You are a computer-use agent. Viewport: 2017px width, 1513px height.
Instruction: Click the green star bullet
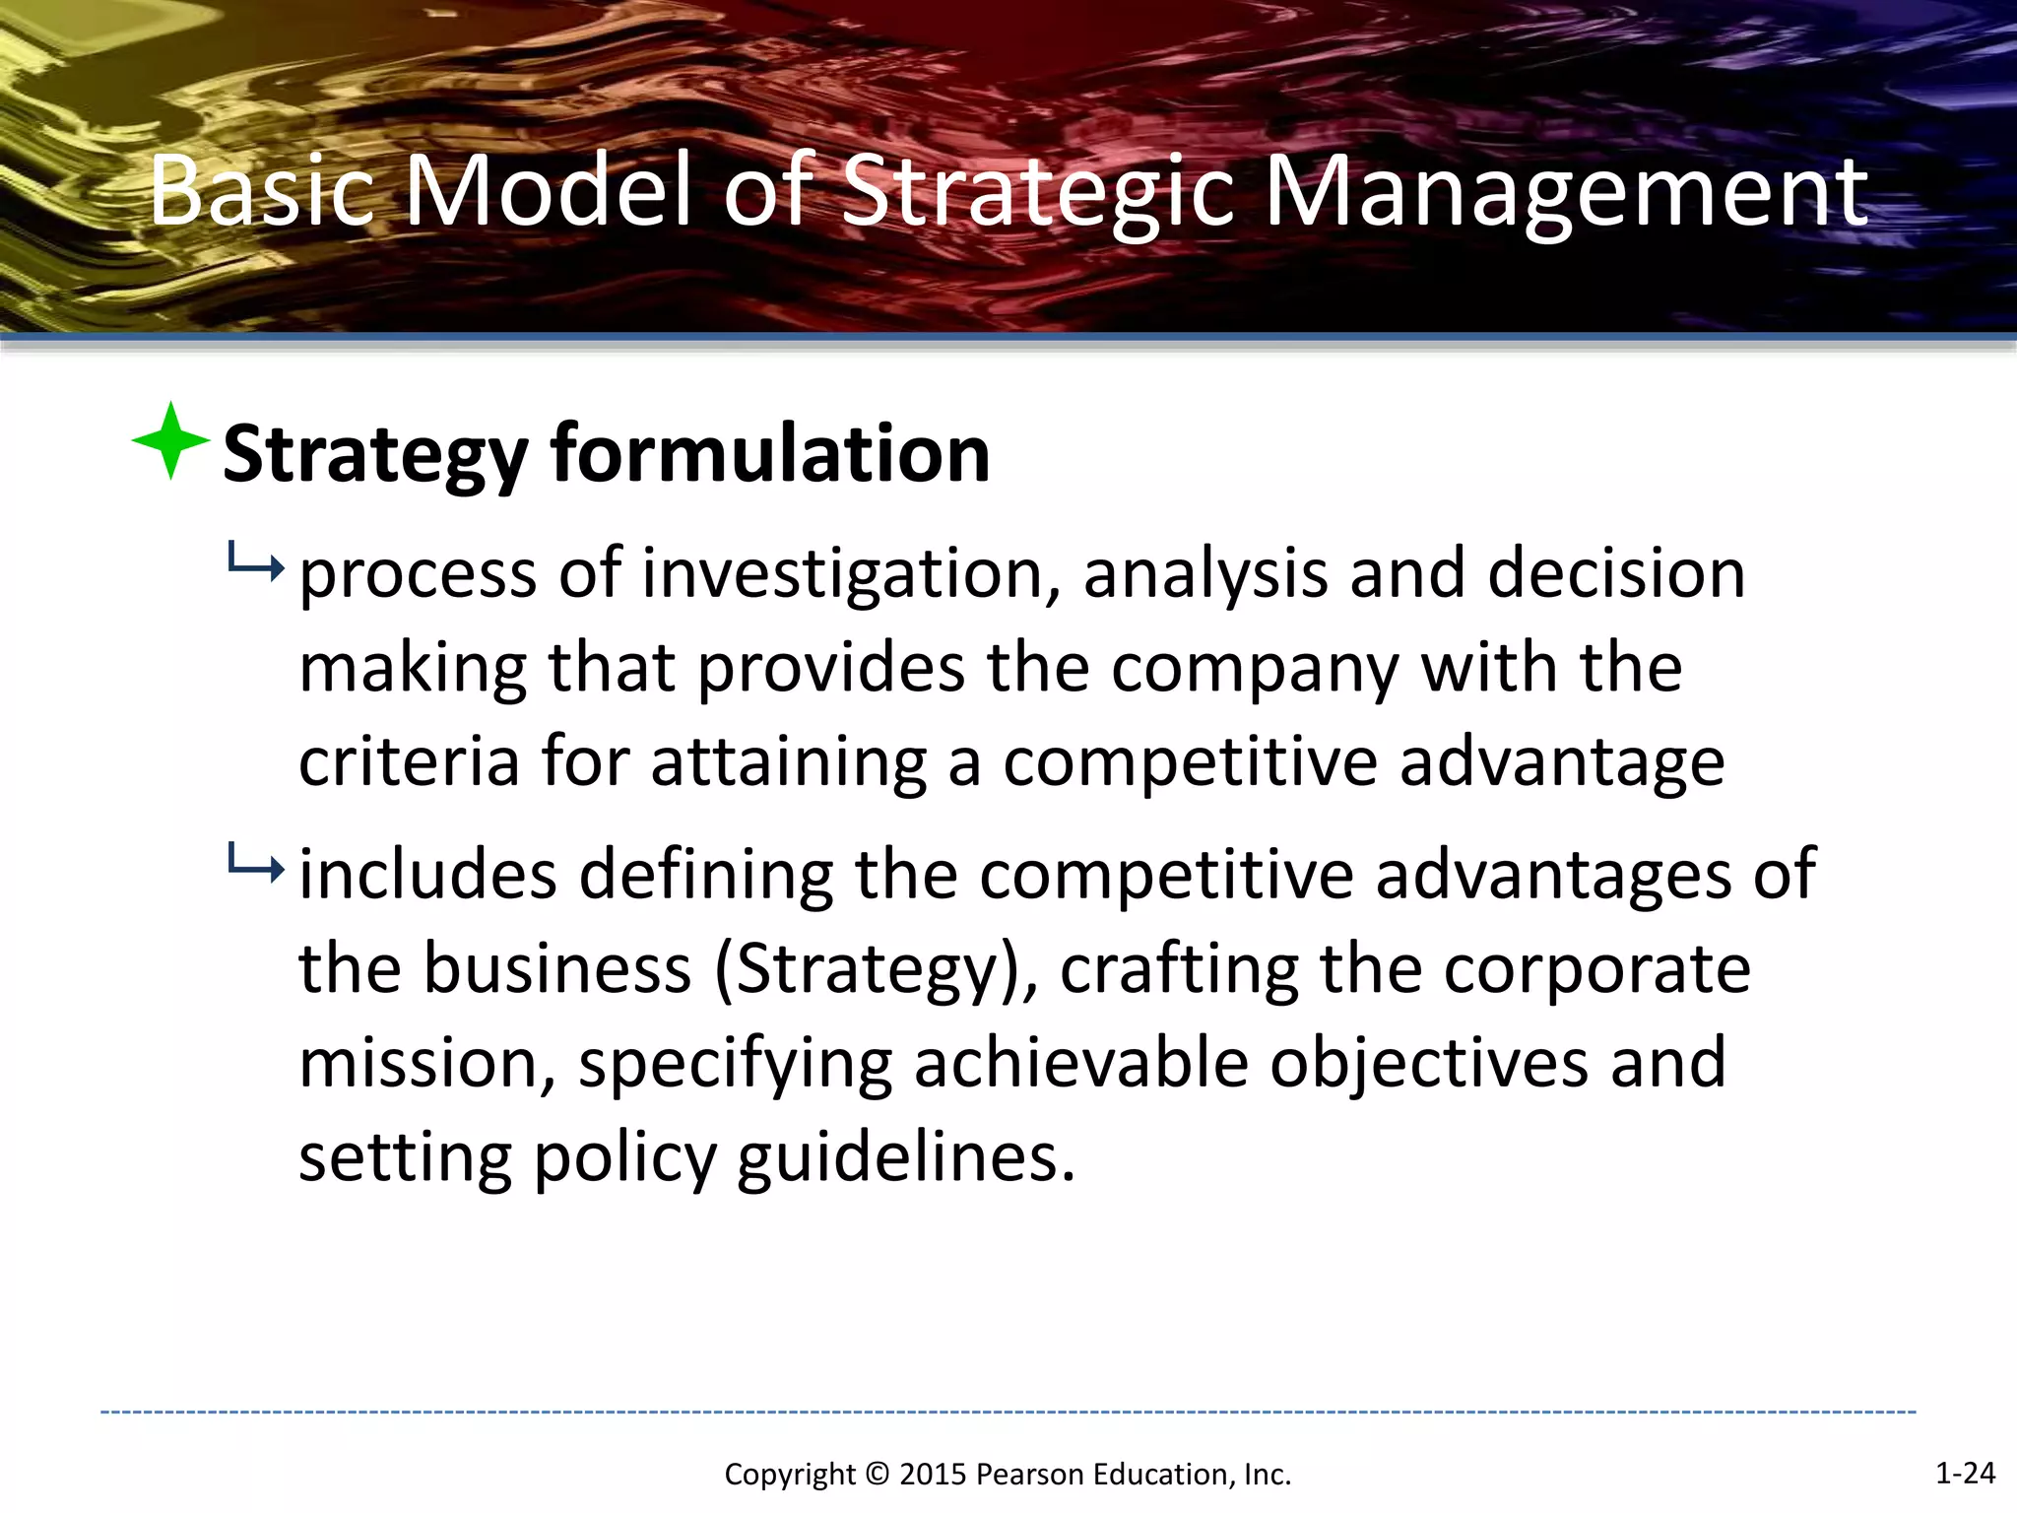click(170, 441)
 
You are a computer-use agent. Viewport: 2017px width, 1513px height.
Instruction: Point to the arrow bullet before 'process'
click(255, 564)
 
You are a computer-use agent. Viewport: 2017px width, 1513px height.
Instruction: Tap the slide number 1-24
click(1965, 1473)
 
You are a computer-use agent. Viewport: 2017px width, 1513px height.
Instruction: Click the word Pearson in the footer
click(1030, 1475)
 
